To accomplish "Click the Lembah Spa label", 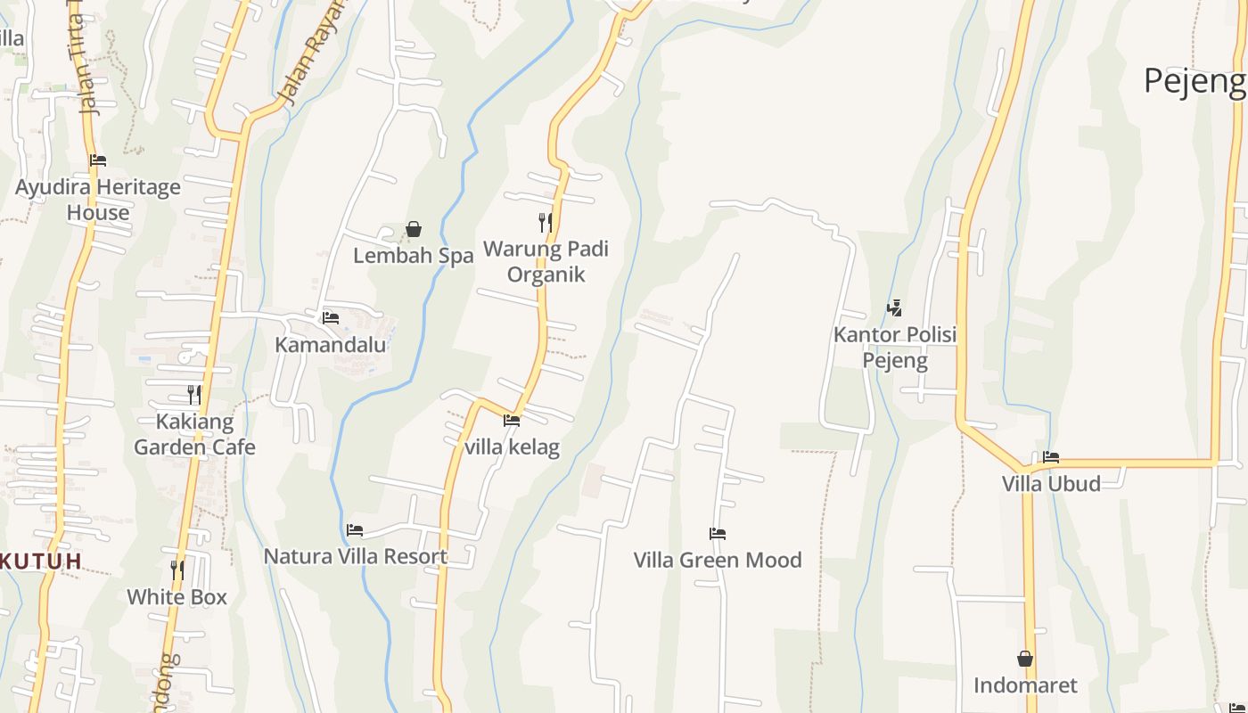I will click(413, 256).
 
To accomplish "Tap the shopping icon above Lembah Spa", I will click(414, 230).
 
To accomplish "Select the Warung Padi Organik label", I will click(546, 261).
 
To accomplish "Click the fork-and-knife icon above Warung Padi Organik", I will click(546, 222).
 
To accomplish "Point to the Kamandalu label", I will click(330, 345).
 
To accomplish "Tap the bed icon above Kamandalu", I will click(331, 317).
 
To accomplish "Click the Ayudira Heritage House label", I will click(98, 200).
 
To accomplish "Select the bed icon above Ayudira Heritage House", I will click(98, 160).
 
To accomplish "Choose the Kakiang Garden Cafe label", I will click(194, 434).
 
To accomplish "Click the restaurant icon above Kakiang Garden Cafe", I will click(193, 394).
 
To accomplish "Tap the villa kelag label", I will click(512, 447).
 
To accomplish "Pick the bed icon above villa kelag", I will click(512, 420).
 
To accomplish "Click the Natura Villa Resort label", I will click(355, 556).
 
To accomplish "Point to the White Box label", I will click(177, 596).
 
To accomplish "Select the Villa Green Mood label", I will click(718, 560).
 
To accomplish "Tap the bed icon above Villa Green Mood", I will click(718, 534).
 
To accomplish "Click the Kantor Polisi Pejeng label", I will click(895, 348).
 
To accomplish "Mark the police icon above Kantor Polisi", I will click(894, 308).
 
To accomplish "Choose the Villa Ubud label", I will click(1051, 484).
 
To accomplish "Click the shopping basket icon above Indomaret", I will click(1025, 659).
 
